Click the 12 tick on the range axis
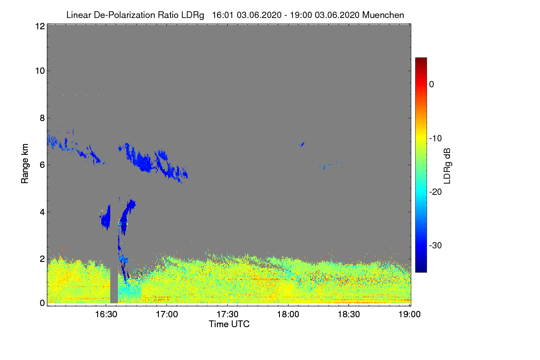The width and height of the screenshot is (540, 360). (x=39, y=26)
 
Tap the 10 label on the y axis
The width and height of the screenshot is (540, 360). (x=39, y=71)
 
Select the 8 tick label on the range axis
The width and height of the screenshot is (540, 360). (x=41, y=118)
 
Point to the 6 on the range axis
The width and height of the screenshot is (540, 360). (x=41, y=165)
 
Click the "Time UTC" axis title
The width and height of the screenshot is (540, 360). (x=229, y=324)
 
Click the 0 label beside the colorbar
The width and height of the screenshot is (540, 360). (x=432, y=84)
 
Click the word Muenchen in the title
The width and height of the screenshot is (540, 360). (x=383, y=15)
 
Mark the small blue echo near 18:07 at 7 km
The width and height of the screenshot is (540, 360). (x=302, y=144)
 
